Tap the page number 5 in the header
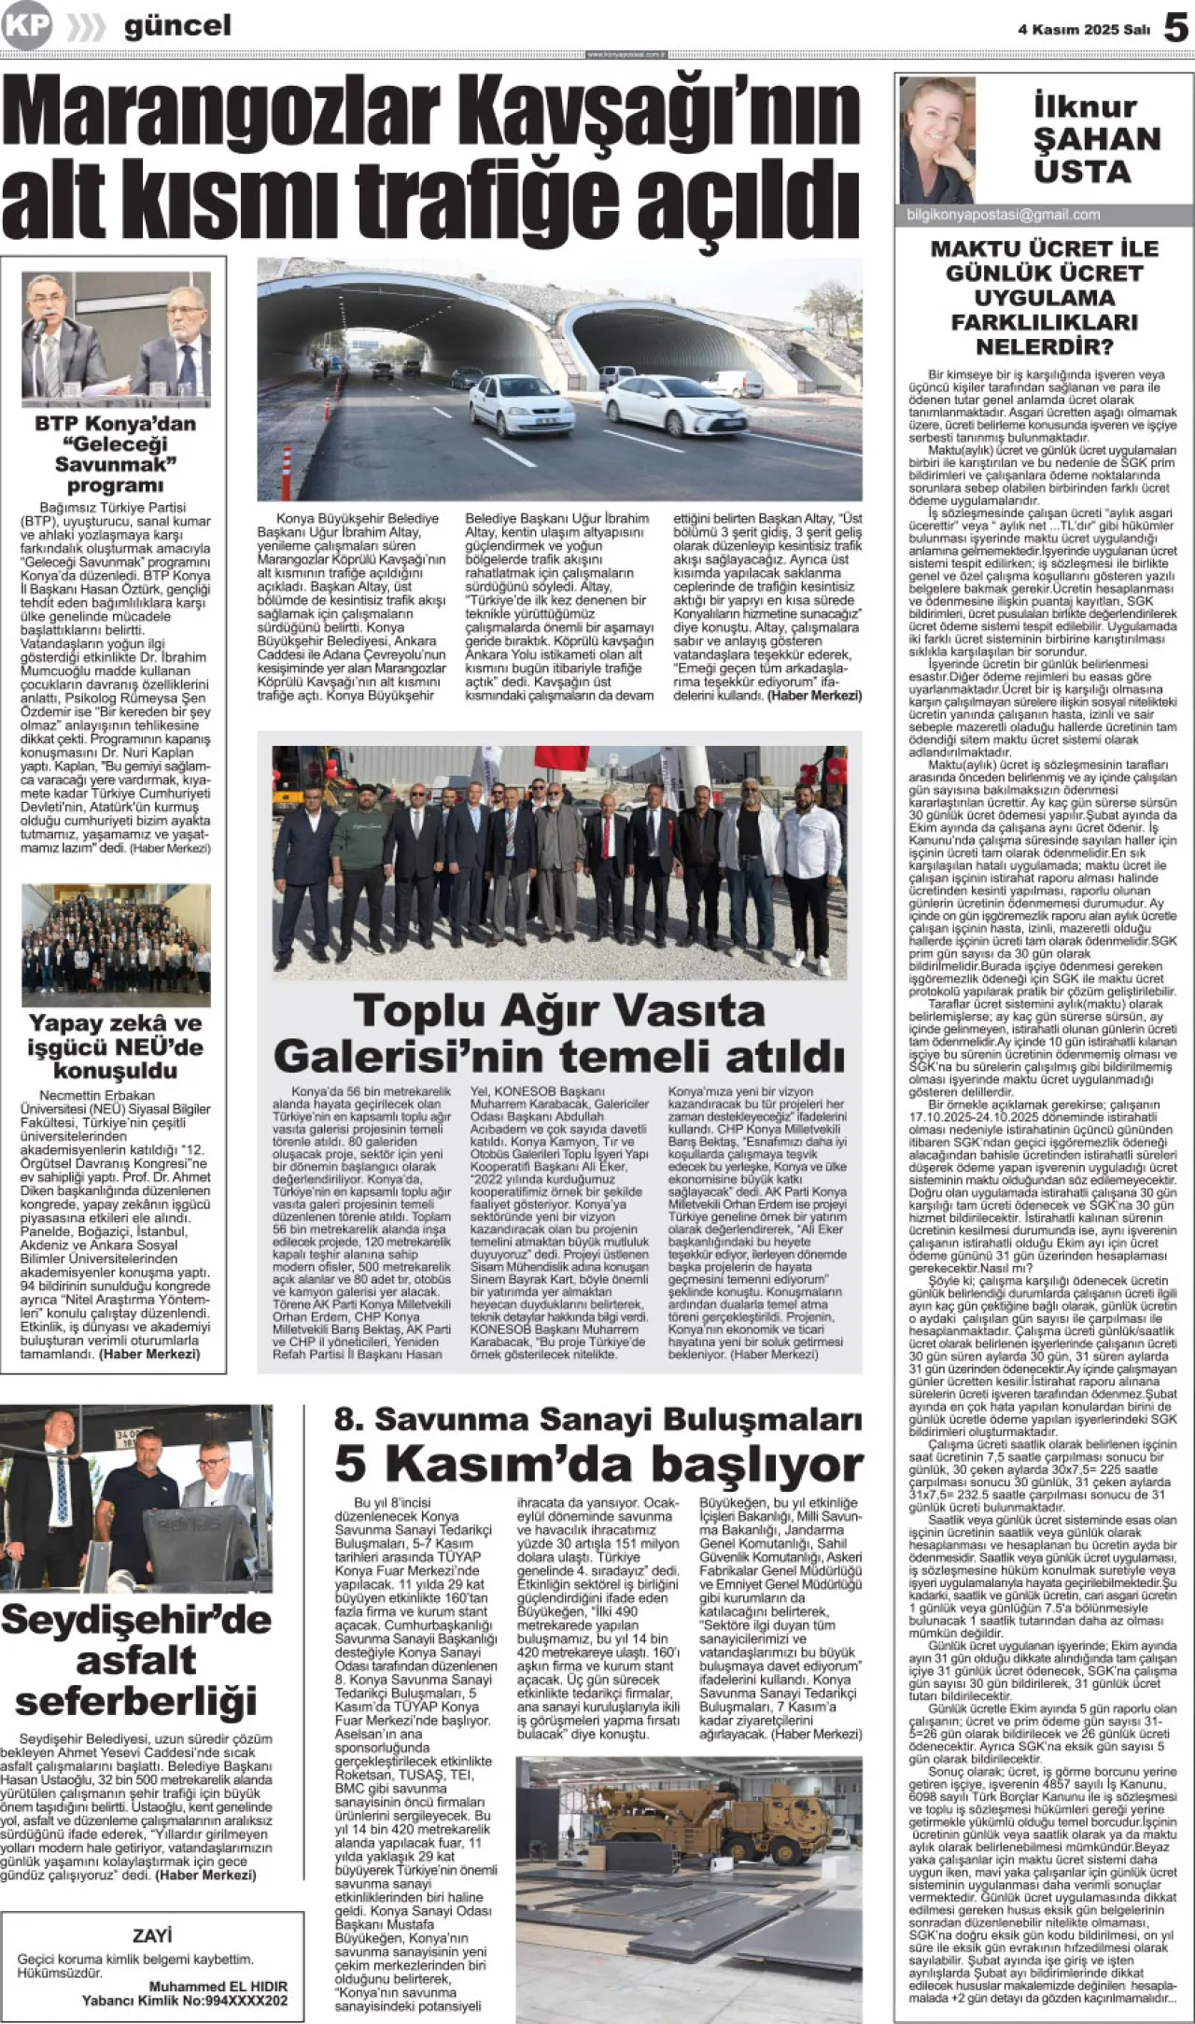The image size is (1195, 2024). pos(1175,28)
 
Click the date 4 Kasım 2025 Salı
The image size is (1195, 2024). pos(1083,30)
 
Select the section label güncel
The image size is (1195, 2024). pos(177,26)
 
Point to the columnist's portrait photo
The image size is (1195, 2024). pos(936,139)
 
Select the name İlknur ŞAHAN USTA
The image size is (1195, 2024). pos(1096,139)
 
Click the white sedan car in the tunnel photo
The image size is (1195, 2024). pos(675,404)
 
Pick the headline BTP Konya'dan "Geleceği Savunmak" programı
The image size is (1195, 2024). pos(116,454)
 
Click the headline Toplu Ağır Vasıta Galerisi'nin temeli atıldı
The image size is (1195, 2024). pos(558,1033)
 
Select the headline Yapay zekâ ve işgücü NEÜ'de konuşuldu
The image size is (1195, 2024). pos(116,1047)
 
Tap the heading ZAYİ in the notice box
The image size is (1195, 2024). pos(152,1936)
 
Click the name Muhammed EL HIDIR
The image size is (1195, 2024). pos(218,1987)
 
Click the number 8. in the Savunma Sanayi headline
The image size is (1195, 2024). pos(349,1418)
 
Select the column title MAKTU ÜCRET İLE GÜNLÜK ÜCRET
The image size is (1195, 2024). pos(1044,261)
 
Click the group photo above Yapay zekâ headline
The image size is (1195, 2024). pos(116,944)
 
